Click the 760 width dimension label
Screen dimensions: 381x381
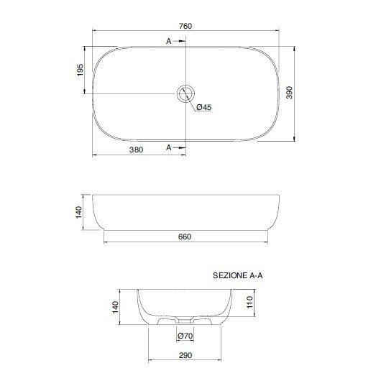coord(185,26)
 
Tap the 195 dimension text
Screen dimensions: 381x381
coord(80,70)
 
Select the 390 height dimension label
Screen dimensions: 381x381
coord(289,93)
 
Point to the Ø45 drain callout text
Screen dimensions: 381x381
coord(204,107)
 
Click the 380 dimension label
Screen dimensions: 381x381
coord(136,150)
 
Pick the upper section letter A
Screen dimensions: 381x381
coord(169,41)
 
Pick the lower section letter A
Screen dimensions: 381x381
coord(169,147)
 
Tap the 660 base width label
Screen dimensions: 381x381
coord(185,237)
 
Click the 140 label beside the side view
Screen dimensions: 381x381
coord(79,212)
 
